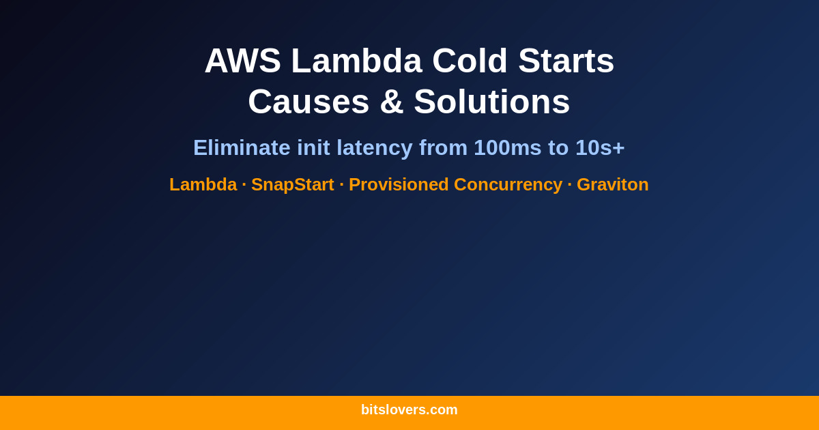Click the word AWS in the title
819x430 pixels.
click(242, 61)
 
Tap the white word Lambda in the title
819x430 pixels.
click(356, 61)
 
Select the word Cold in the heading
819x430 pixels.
click(470, 61)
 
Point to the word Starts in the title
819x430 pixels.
click(566, 61)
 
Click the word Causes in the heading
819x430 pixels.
click(308, 102)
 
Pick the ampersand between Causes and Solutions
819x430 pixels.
click(391, 102)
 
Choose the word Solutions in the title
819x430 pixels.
click(491, 102)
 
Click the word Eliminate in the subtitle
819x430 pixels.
click(242, 147)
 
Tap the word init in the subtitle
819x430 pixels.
click(313, 147)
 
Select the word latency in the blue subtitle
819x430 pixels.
click(374, 147)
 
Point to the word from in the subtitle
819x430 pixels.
click(443, 147)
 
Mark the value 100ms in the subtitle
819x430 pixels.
click(507, 147)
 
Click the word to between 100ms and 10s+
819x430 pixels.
click(558, 147)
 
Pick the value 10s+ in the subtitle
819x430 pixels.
click(600, 147)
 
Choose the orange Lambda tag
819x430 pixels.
click(203, 184)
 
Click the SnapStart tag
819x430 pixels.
click(292, 184)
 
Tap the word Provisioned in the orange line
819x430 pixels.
click(399, 184)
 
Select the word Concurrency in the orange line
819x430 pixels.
click(508, 184)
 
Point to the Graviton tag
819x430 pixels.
click(612, 184)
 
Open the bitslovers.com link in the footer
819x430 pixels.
click(409, 410)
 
